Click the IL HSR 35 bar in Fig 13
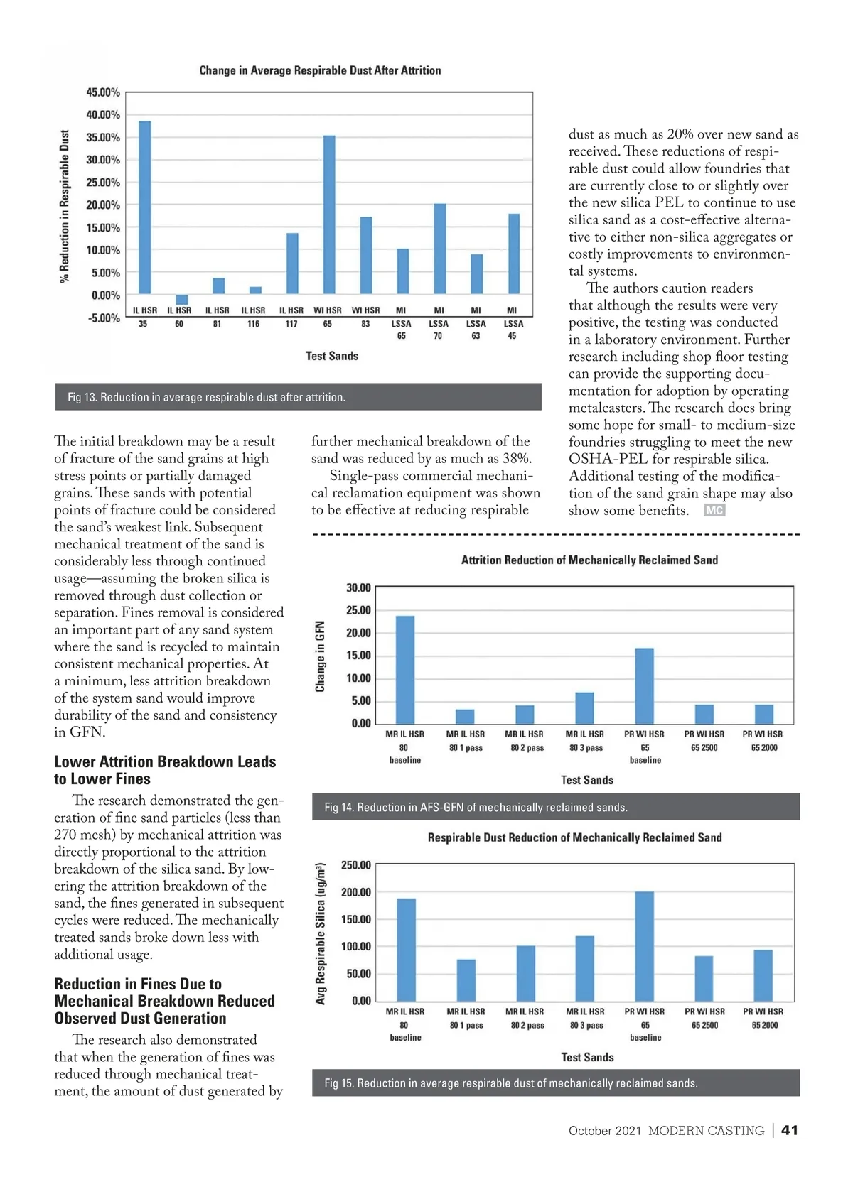click(x=144, y=207)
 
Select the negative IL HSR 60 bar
click(x=182, y=300)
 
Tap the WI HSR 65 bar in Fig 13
click(x=329, y=215)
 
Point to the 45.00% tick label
click(x=103, y=92)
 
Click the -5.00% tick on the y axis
click(x=104, y=318)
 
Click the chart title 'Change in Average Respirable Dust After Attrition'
click(x=320, y=70)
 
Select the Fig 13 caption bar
click(x=299, y=397)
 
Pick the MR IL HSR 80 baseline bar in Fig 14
click(x=405, y=669)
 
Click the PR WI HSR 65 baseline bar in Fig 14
click(x=645, y=685)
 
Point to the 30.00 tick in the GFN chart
click(x=358, y=587)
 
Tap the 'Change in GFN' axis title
click(x=321, y=656)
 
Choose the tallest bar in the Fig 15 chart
click(x=645, y=946)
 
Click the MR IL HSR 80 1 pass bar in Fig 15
click(x=466, y=980)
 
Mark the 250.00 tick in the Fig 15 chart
click(x=356, y=865)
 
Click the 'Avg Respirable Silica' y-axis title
click(x=321, y=933)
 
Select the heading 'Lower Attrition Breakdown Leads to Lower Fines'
click(x=165, y=770)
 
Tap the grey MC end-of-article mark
click(x=714, y=510)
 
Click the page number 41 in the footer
click(x=789, y=1130)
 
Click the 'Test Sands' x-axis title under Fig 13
click(x=332, y=356)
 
